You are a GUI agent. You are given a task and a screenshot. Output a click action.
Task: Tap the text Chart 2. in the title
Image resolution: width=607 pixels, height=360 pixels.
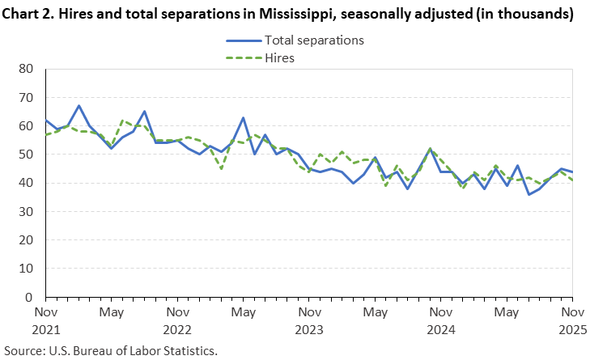tap(29, 14)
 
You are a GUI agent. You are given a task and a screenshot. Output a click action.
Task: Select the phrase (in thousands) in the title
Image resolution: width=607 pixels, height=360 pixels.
tap(526, 14)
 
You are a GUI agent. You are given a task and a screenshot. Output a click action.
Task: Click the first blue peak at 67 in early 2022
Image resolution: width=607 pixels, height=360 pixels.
tap(79, 106)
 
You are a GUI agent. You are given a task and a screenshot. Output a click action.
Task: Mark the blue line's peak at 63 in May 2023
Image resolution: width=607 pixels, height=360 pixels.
tap(243, 117)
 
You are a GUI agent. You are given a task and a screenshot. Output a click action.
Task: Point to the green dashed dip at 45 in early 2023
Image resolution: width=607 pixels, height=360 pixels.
tap(221, 169)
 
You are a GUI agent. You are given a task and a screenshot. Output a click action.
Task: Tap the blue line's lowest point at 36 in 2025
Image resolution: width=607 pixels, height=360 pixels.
tap(528, 194)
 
